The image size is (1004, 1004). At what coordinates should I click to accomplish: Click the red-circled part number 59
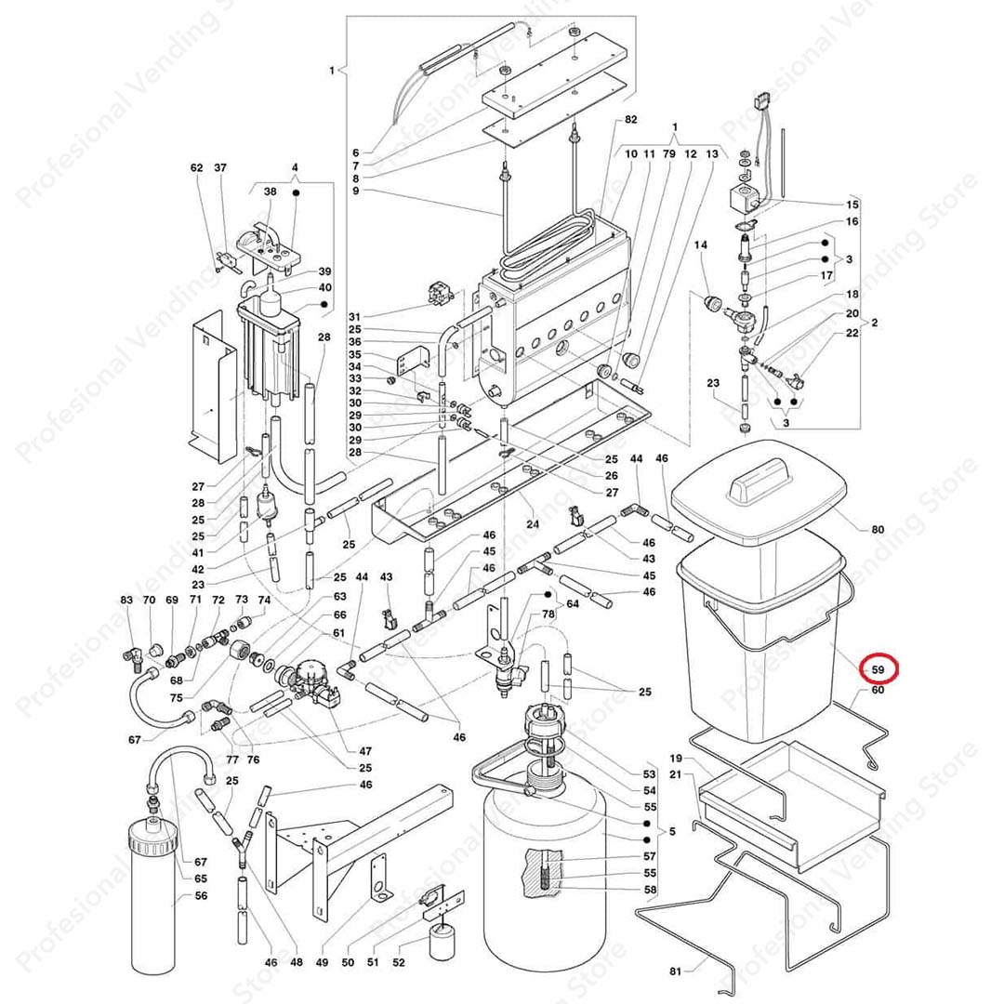878,668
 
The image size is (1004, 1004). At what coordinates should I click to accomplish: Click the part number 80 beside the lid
878,530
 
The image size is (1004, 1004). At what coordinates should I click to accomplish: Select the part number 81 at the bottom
675,971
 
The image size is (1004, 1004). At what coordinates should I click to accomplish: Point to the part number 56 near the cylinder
201,896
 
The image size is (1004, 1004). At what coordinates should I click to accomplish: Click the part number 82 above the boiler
631,120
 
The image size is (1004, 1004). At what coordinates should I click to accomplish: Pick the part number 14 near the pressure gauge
701,244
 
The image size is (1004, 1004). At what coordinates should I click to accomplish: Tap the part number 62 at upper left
196,168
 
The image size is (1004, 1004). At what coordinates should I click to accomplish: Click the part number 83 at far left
126,601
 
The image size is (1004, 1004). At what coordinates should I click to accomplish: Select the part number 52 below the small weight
399,963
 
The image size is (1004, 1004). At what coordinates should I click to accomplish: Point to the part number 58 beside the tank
650,890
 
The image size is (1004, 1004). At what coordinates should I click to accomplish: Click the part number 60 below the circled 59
878,690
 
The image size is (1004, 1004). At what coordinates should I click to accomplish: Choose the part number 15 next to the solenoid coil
852,204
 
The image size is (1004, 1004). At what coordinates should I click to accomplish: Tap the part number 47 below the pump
365,750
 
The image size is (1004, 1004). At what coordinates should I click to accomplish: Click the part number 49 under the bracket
323,963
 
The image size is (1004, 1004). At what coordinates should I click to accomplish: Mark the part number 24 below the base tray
533,523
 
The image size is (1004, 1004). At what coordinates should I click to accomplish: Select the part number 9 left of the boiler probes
354,191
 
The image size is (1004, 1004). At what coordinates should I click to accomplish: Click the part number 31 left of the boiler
354,317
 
